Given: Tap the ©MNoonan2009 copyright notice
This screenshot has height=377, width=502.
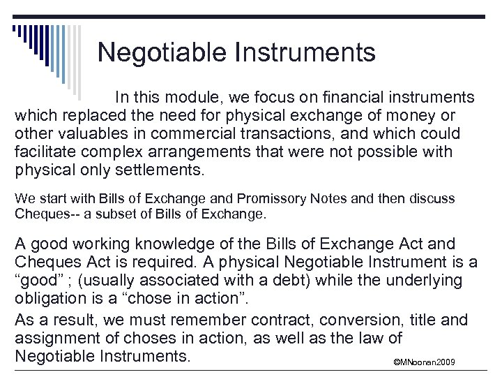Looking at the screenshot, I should point(424,362).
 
